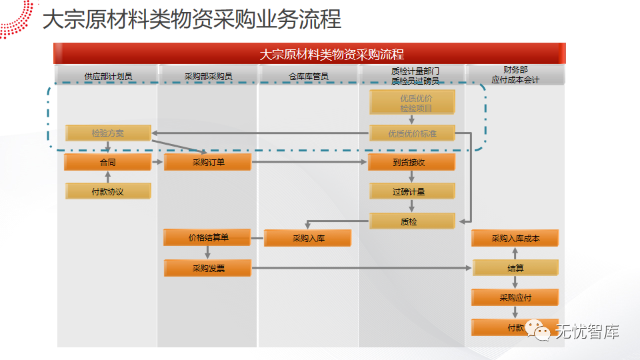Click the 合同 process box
pyautogui.click(x=107, y=162)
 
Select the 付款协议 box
pyautogui.click(x=107, y=191)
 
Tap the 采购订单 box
pyautogui.click(x=208, y=162)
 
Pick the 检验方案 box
pyautogui.click(x=108, y=133)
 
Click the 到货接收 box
pyautogui.click(x=411, y=162)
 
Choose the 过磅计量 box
pyautogui.click(x=411, y=191)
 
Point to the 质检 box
pyautogui.click(x=411, y=221)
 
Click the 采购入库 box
pyautogui.click(x=308, y=238)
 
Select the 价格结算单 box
pyautogui.click(x=208, y=237)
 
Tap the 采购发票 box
pyautogui.click(x=208, y=268)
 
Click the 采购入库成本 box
pyautogui.click(x=515, y=238)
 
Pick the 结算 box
pyautogui.click(x=515, y=268)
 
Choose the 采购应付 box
pyautogui.click(x=515, y=297)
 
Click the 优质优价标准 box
pyautogui.click(x=411, y=133)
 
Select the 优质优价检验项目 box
pyautogui.click(x=411, y=102)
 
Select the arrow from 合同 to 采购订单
pyautogui.click(x=158, y=162)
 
